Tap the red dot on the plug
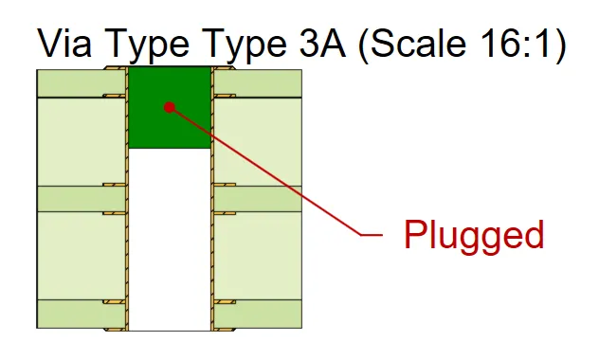coord(169,106)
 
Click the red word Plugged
coord(474,235)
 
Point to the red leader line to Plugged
coord(284,180)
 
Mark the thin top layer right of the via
coord(258,83)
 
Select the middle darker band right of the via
coord(258,198)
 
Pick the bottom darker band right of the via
coord(258,314)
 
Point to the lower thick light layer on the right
coord(258,256)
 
